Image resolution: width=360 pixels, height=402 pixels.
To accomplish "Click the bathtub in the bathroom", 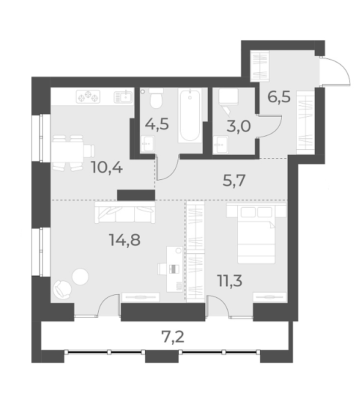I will (190, 116).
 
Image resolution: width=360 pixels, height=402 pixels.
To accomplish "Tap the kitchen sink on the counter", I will (124, 95).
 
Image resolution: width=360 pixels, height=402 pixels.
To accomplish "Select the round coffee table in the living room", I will (80, 276).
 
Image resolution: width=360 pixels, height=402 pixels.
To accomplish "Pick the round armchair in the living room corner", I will (62, 289).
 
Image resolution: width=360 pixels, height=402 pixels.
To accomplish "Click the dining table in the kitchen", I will (67, 150).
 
